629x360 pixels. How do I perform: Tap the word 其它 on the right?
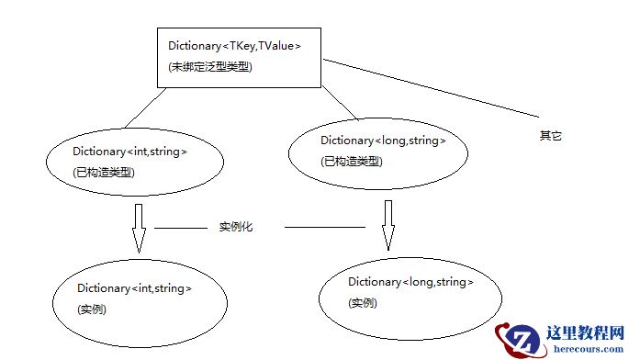549,136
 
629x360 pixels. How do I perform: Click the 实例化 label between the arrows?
235,226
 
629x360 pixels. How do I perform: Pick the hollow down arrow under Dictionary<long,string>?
388,226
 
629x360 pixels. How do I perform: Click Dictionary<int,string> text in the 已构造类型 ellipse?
129,151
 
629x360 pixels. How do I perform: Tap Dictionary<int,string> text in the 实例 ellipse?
134,288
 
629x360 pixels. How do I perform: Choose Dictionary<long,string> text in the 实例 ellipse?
410,281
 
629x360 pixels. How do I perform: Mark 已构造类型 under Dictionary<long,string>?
352,162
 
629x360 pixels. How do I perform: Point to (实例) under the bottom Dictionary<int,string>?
93,309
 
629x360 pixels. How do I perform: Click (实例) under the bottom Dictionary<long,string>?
364,303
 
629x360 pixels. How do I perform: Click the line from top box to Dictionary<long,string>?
341,104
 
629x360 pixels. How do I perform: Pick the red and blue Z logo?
519,341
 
